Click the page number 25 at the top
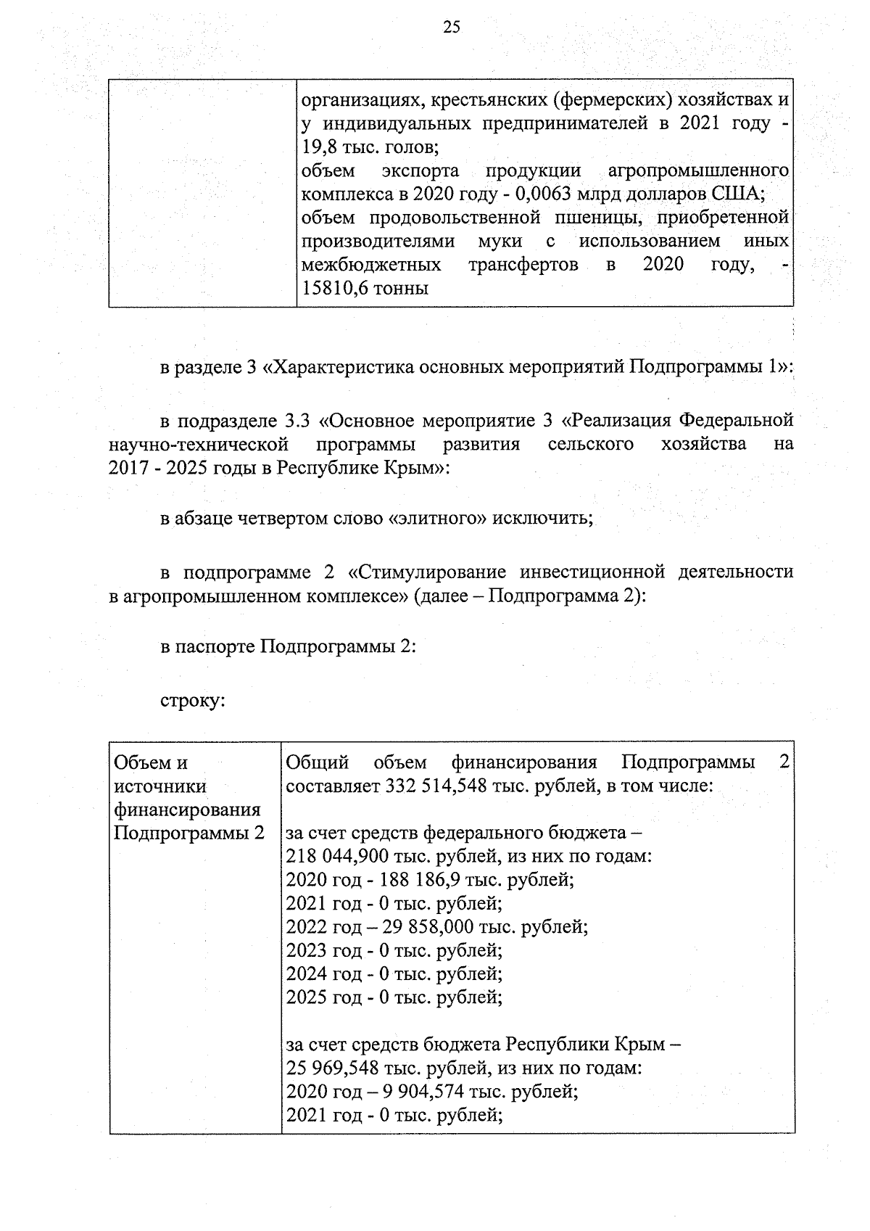(x=451, y=28)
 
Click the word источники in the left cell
(x=160, y=786)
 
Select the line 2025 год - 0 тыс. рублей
(x=394, y=997)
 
